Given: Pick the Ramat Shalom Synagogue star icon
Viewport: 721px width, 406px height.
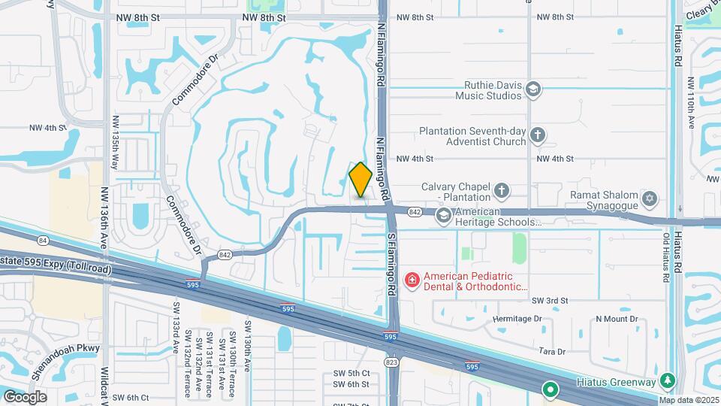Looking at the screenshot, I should (x=650, y=199).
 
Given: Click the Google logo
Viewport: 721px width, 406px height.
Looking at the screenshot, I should (x=25, y=396).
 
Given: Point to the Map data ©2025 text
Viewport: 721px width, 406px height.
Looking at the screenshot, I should (x=689, y=400).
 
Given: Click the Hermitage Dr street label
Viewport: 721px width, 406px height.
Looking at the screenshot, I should (x=517, y=319).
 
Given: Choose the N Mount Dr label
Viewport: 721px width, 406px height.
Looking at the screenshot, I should (x=617, y=319).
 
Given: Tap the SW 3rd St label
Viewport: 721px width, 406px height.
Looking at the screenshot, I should (x=550, y=300).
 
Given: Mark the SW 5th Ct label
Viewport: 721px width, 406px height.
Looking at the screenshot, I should (x=351, y=373).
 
